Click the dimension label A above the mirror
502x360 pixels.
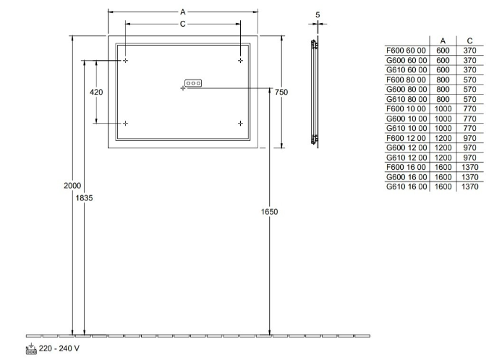(182, 12)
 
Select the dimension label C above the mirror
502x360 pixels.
(182, 24)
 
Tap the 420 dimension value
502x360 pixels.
(96, 92)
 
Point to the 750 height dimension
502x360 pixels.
(281, 92)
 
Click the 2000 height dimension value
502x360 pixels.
(72, 186)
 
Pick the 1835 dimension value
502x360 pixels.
(84, 198)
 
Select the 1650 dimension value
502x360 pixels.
(269, 212)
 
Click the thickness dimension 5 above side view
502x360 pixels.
(318, 14)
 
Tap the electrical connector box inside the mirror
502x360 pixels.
(193, 83)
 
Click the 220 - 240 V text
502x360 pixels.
(59, 348)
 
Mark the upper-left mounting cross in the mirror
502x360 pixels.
(126, 61)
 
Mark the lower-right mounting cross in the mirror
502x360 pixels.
(240, 123)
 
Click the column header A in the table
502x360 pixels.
(443, 40)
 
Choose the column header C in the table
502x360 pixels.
(469, 40)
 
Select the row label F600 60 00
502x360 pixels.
(407, 51)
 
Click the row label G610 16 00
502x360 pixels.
(407, 187)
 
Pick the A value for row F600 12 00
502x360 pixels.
(443, 138)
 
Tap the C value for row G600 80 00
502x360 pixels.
(469, 90)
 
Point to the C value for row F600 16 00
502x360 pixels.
(469, 168)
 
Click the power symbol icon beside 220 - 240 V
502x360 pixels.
(31, 348)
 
